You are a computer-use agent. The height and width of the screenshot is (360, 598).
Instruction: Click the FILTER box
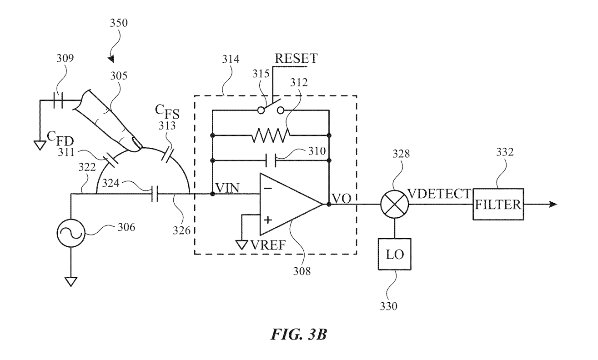click(x=498, y=204)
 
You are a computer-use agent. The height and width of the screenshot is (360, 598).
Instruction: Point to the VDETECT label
click(x=437, y=194)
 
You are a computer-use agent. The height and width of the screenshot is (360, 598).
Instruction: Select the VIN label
click(x=229, y=187)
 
